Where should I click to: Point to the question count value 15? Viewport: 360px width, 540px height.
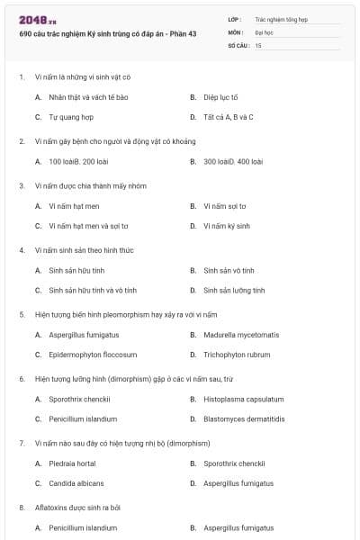pyautogui.click(x=258, y=44)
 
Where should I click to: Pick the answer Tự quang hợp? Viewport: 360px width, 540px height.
pyautogui.click(x=71, y=117)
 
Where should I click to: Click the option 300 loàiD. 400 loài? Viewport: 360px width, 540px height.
pyautogui.click(x=233, y=162)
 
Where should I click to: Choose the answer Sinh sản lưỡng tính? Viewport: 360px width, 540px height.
pyautogui.click(x=234, y=291)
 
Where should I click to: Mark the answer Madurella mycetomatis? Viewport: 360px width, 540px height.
pyautogui.click(x=242, y=335)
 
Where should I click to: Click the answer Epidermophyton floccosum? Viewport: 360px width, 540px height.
pyautogui.click(x=93, y=355)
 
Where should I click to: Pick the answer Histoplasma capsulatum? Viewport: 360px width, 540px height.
pyautogui.click(x=243, y=399)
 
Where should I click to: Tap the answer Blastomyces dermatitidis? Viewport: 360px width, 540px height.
pyautogui.click(x=244, y=419)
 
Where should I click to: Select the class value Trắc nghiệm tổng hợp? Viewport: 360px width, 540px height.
pyautogui.click(x=281, y=18)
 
